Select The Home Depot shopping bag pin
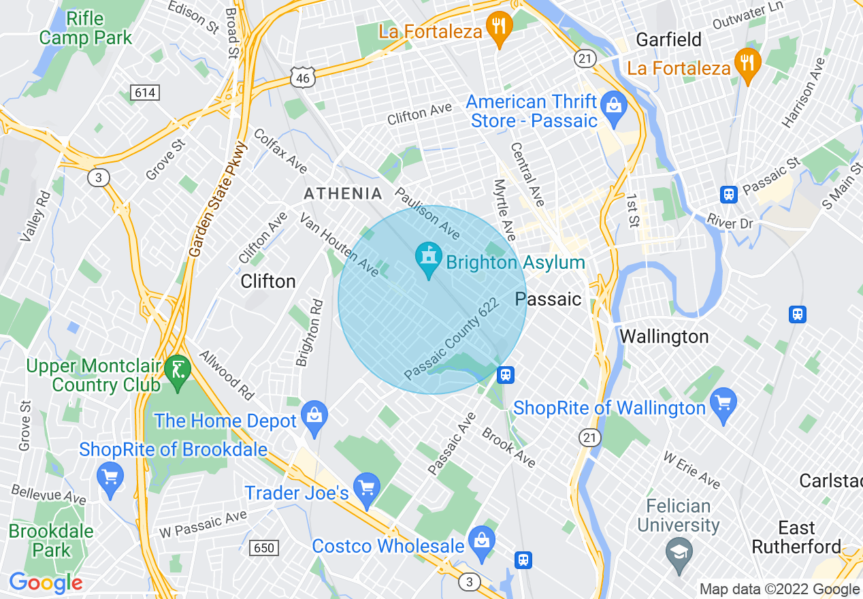pos(314,418)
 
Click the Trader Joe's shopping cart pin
pos(368,490)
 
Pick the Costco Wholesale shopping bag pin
pos(482,543)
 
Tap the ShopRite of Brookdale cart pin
pos(110,478)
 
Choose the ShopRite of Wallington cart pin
pos(723,405)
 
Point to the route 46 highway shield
pos(302,78)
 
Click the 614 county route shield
pos(144,93)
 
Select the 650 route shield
pos(263,548)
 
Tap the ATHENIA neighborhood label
pos(343,194)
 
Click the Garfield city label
pos(668,39)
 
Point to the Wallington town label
pos(664,336)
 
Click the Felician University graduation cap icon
pos(679,551)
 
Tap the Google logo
pos(46,583)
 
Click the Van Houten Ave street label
pos(339,245)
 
